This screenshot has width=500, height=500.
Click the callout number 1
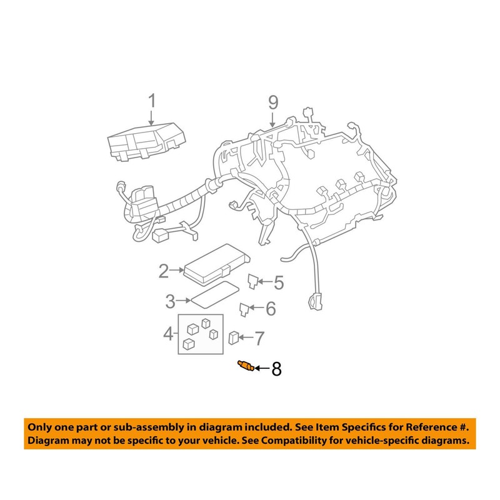(151, 101)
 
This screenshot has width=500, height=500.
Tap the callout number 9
(272, 101)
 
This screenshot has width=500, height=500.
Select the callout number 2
(164, 271)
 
